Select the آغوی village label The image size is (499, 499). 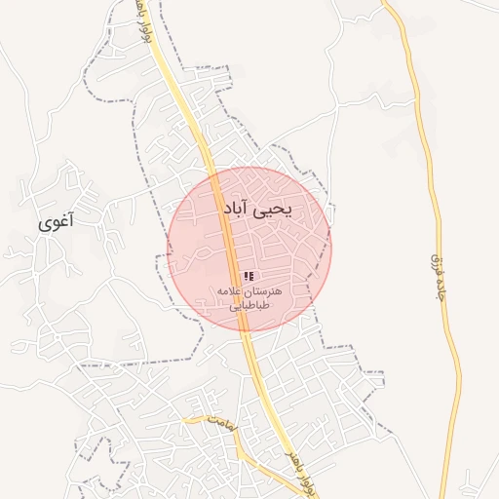(57, 223)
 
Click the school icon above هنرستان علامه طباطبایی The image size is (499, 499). (249, 277)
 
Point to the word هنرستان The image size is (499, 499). (260, 291)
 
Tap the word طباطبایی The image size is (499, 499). (249, 305)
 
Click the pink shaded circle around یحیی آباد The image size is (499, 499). (292, 273)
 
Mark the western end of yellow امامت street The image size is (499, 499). (184, 420)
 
